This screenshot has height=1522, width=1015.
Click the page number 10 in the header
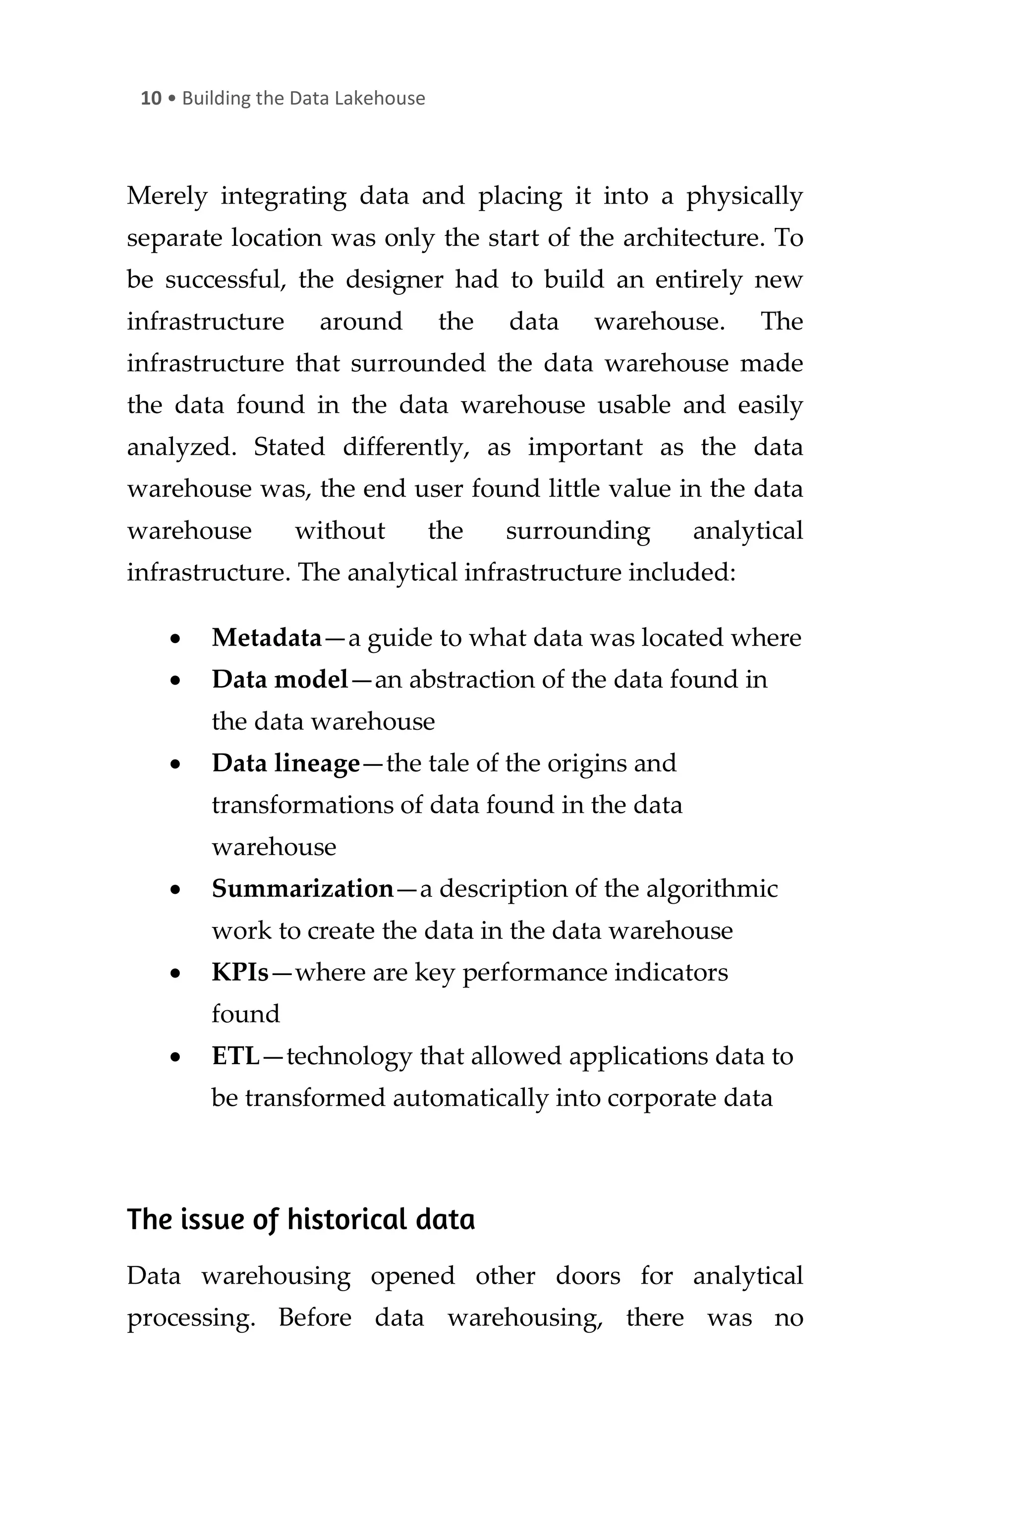pyautogui.click(x=151, y=99)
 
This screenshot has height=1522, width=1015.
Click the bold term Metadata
pyautogui.click(x=266, y=638)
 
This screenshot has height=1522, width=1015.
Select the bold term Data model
pyautogui.click(x=280, y=680)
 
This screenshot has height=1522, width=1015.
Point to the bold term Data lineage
pyautogui.click(x=285, y=763)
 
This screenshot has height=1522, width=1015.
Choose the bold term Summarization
pyautogui.click(x=302, y=889)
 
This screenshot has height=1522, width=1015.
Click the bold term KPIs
pyautogui.click(x=239, y=973)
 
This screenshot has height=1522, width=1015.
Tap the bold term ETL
pyautogui.click(x=235, y=1057)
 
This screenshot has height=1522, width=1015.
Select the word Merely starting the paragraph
pyautogui.click(x=167, y=196)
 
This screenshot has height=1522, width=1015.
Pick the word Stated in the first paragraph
pyautogui.click(x=289, y=447)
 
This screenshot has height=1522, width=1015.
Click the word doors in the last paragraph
pyautogui.click(x=587, y=1276)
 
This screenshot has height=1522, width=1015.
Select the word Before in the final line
pyautogui.click(x=315, y=1318)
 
